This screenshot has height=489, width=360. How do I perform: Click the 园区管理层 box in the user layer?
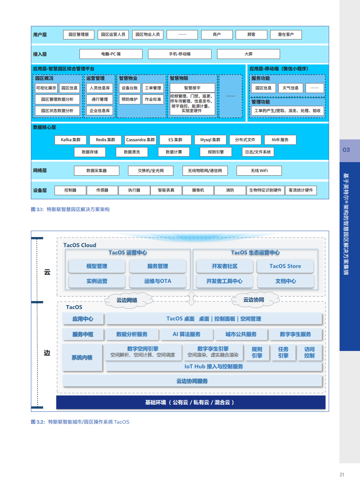click(78, 35)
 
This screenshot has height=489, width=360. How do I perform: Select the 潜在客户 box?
click(286, 35)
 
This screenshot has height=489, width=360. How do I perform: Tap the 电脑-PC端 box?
click(110, 54)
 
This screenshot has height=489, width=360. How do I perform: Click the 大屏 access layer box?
click(248, 54)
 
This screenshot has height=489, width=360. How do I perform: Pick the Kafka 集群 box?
click(70, 140)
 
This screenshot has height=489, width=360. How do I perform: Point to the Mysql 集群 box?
click(210, 140)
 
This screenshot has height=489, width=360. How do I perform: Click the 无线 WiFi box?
click(259, 171)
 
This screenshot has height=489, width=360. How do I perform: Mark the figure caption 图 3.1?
click(70, 210)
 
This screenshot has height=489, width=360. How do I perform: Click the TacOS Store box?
click(285, 266)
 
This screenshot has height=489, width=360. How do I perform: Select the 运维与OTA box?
click(158, 281)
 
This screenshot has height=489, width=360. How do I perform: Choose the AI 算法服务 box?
click(186, 334)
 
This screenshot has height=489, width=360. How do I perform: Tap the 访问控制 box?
click(309, 352)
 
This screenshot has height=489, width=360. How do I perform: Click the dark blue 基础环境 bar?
click(191, 402)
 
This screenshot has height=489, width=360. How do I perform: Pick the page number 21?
click(342, 475)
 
